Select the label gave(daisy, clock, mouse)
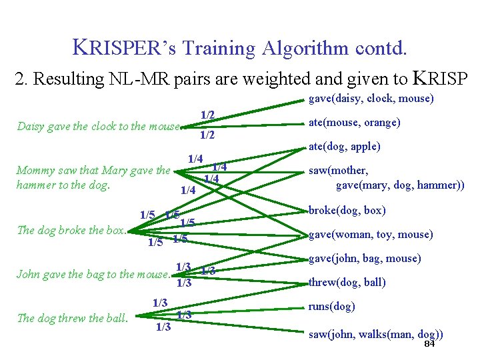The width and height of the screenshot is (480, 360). [x=371, y=99]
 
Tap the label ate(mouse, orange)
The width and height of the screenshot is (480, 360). [x=353, y=123]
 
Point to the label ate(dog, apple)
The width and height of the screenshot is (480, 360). [x=344, y=147]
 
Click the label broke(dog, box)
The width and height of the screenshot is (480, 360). [x=347, y=211]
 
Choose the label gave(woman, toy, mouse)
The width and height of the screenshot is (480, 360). [x=371, y=235]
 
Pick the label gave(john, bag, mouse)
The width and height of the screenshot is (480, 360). [x=364, y=259]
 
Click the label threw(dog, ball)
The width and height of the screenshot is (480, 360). [x=347, y=282]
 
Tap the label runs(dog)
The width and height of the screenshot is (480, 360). [x=331, y=307]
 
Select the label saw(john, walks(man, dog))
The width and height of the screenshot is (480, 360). [x=375, y=333]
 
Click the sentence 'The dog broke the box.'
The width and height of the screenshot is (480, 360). [x=71, y=231]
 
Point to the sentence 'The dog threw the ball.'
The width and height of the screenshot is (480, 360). [x=72, y=318]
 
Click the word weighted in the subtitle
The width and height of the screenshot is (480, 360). [x=283, y=79]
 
